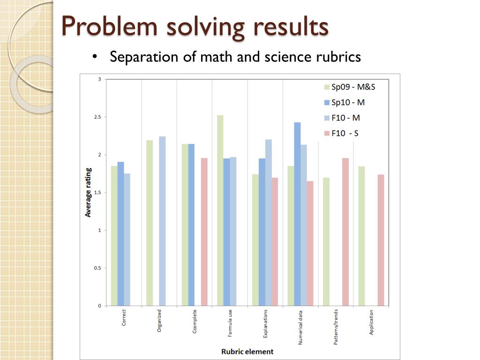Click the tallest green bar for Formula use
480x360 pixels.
[220, 210]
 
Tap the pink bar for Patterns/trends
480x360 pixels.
[345, 232]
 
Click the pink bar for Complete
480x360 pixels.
[204, 232]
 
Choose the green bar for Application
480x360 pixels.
[361, 236]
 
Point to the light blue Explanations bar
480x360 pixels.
[268, 223]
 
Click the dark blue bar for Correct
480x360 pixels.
[120, 234]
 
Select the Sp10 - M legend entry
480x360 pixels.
[343, 102]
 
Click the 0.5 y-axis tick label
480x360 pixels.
[97, 268]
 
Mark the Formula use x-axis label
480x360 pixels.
[230, 322]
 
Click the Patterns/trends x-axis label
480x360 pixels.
[336, 328]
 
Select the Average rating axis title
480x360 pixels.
[88, 193]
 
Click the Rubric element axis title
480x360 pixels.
[247, 352]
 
